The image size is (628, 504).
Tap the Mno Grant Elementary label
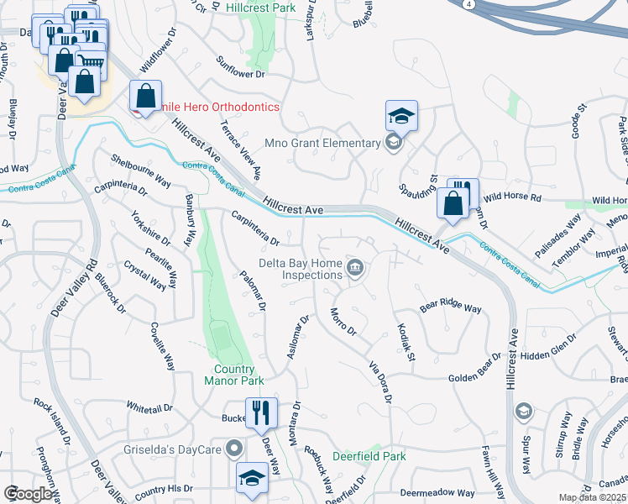click(322, 144)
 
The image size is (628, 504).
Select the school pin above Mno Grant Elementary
click(402, 116)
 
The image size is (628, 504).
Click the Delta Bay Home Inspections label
click(300, 269)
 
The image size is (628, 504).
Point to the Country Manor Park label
click(228, 375)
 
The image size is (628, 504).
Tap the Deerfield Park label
click(369, 456)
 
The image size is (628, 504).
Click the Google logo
click(28, 493)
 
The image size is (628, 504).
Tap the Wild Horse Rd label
click(512, 197)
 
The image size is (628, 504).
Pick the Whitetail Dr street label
click(149, 407)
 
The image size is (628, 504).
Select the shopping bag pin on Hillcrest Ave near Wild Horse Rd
click(453, 205)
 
